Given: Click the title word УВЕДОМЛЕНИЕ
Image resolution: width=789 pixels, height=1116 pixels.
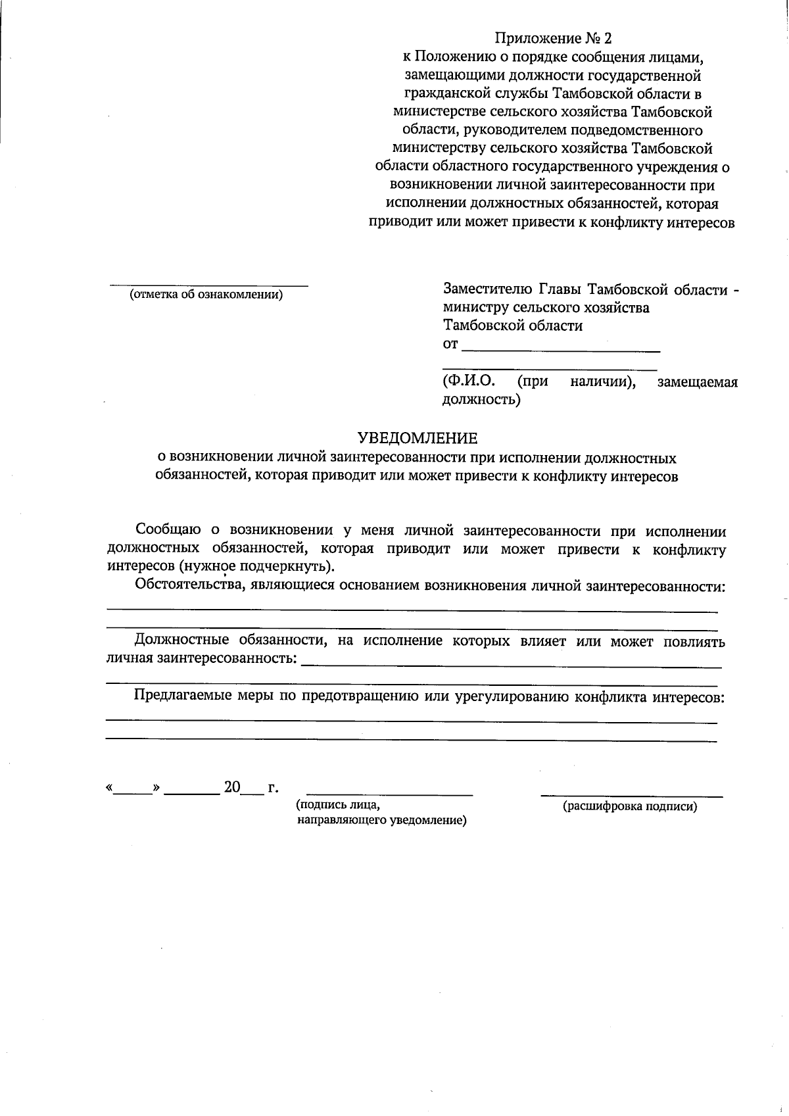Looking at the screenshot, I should click(418, 438).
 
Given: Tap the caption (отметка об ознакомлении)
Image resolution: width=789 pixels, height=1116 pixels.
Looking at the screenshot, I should click(206, 295).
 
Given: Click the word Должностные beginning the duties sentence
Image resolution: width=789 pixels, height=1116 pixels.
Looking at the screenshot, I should click(181, 641).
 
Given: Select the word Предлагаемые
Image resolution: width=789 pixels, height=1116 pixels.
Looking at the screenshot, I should click(181, 696).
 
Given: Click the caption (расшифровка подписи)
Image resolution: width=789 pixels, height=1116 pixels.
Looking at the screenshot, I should click(630, 806).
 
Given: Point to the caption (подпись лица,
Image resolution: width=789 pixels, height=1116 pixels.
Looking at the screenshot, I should click(338, 804).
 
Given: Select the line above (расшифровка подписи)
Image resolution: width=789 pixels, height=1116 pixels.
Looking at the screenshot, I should click(631, 796).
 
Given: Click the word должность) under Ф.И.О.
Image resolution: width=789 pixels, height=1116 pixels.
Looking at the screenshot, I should click(481, 399).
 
